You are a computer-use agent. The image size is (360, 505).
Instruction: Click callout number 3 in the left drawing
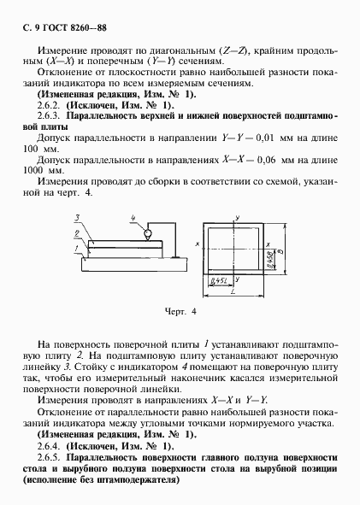[76, 219]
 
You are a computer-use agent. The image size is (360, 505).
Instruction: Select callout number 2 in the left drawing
[76, 232]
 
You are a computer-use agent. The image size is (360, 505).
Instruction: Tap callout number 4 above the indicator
[133, 220]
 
